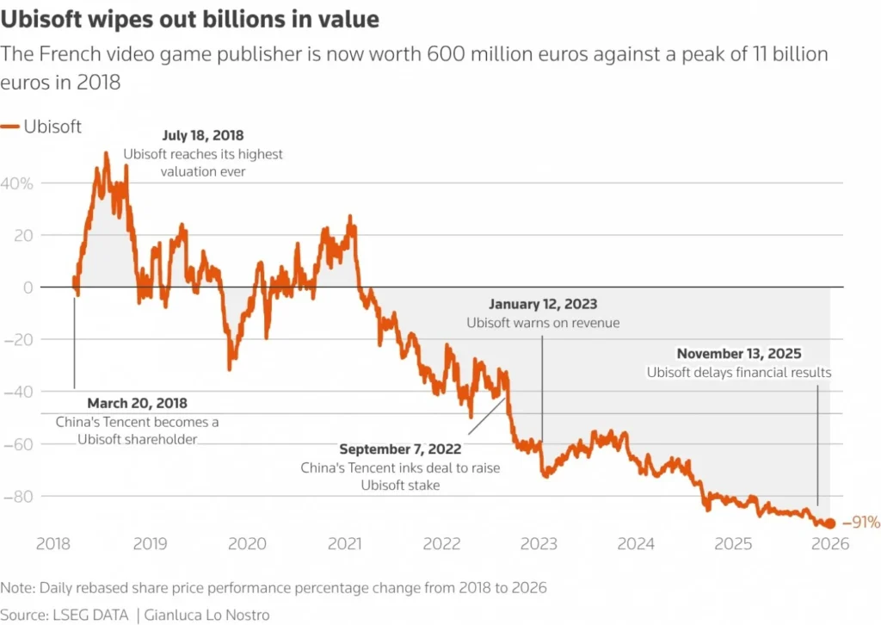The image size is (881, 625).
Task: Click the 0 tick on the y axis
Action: [x=28, y=288]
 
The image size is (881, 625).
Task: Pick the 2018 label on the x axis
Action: [x=52, y=544]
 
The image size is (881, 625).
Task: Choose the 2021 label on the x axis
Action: [x=345, y=544]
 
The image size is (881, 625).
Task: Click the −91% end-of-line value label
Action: [x=860, y=523]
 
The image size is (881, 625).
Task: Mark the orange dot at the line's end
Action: [x=830, y=523]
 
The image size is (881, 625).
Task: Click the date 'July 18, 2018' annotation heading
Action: [x=203, y=136]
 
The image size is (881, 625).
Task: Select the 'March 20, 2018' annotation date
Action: [x=138, y=403]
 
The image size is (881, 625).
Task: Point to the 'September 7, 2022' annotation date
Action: [x=400, y=449]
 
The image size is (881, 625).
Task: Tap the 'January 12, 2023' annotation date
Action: [x=543, y=305]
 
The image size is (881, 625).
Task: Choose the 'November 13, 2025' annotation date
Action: [x=739, y=354]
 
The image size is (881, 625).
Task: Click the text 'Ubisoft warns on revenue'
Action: [x=543, y=324]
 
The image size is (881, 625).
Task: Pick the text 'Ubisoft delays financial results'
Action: [x=739, y=373]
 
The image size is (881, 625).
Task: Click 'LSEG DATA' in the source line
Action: [x=92, y=615]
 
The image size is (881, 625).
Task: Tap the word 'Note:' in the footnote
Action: [x=19, y=588]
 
